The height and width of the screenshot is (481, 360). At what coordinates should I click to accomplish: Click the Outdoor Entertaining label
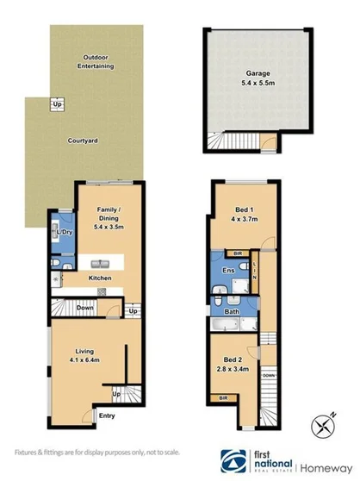click(x=96, y=60)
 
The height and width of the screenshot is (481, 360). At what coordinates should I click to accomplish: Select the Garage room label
click(x=249, y=75)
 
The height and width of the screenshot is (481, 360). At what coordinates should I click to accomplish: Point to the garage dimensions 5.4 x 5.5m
click(x=249, y=84)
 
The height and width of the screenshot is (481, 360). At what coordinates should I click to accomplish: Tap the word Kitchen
click(x=102, y=278)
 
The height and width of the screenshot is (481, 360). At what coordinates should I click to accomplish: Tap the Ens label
click(x=228, y=272)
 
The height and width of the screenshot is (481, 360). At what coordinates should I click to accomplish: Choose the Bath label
click(x=231, y=311)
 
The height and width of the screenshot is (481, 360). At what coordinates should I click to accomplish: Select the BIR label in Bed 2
click(x=223, y=398)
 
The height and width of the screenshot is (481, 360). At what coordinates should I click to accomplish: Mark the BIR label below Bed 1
click(x=236, y=253)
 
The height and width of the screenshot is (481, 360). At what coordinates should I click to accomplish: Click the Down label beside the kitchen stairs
click(x=84, y=308)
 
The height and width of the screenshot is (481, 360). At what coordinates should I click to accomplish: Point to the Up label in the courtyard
click(x=58, y=104)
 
